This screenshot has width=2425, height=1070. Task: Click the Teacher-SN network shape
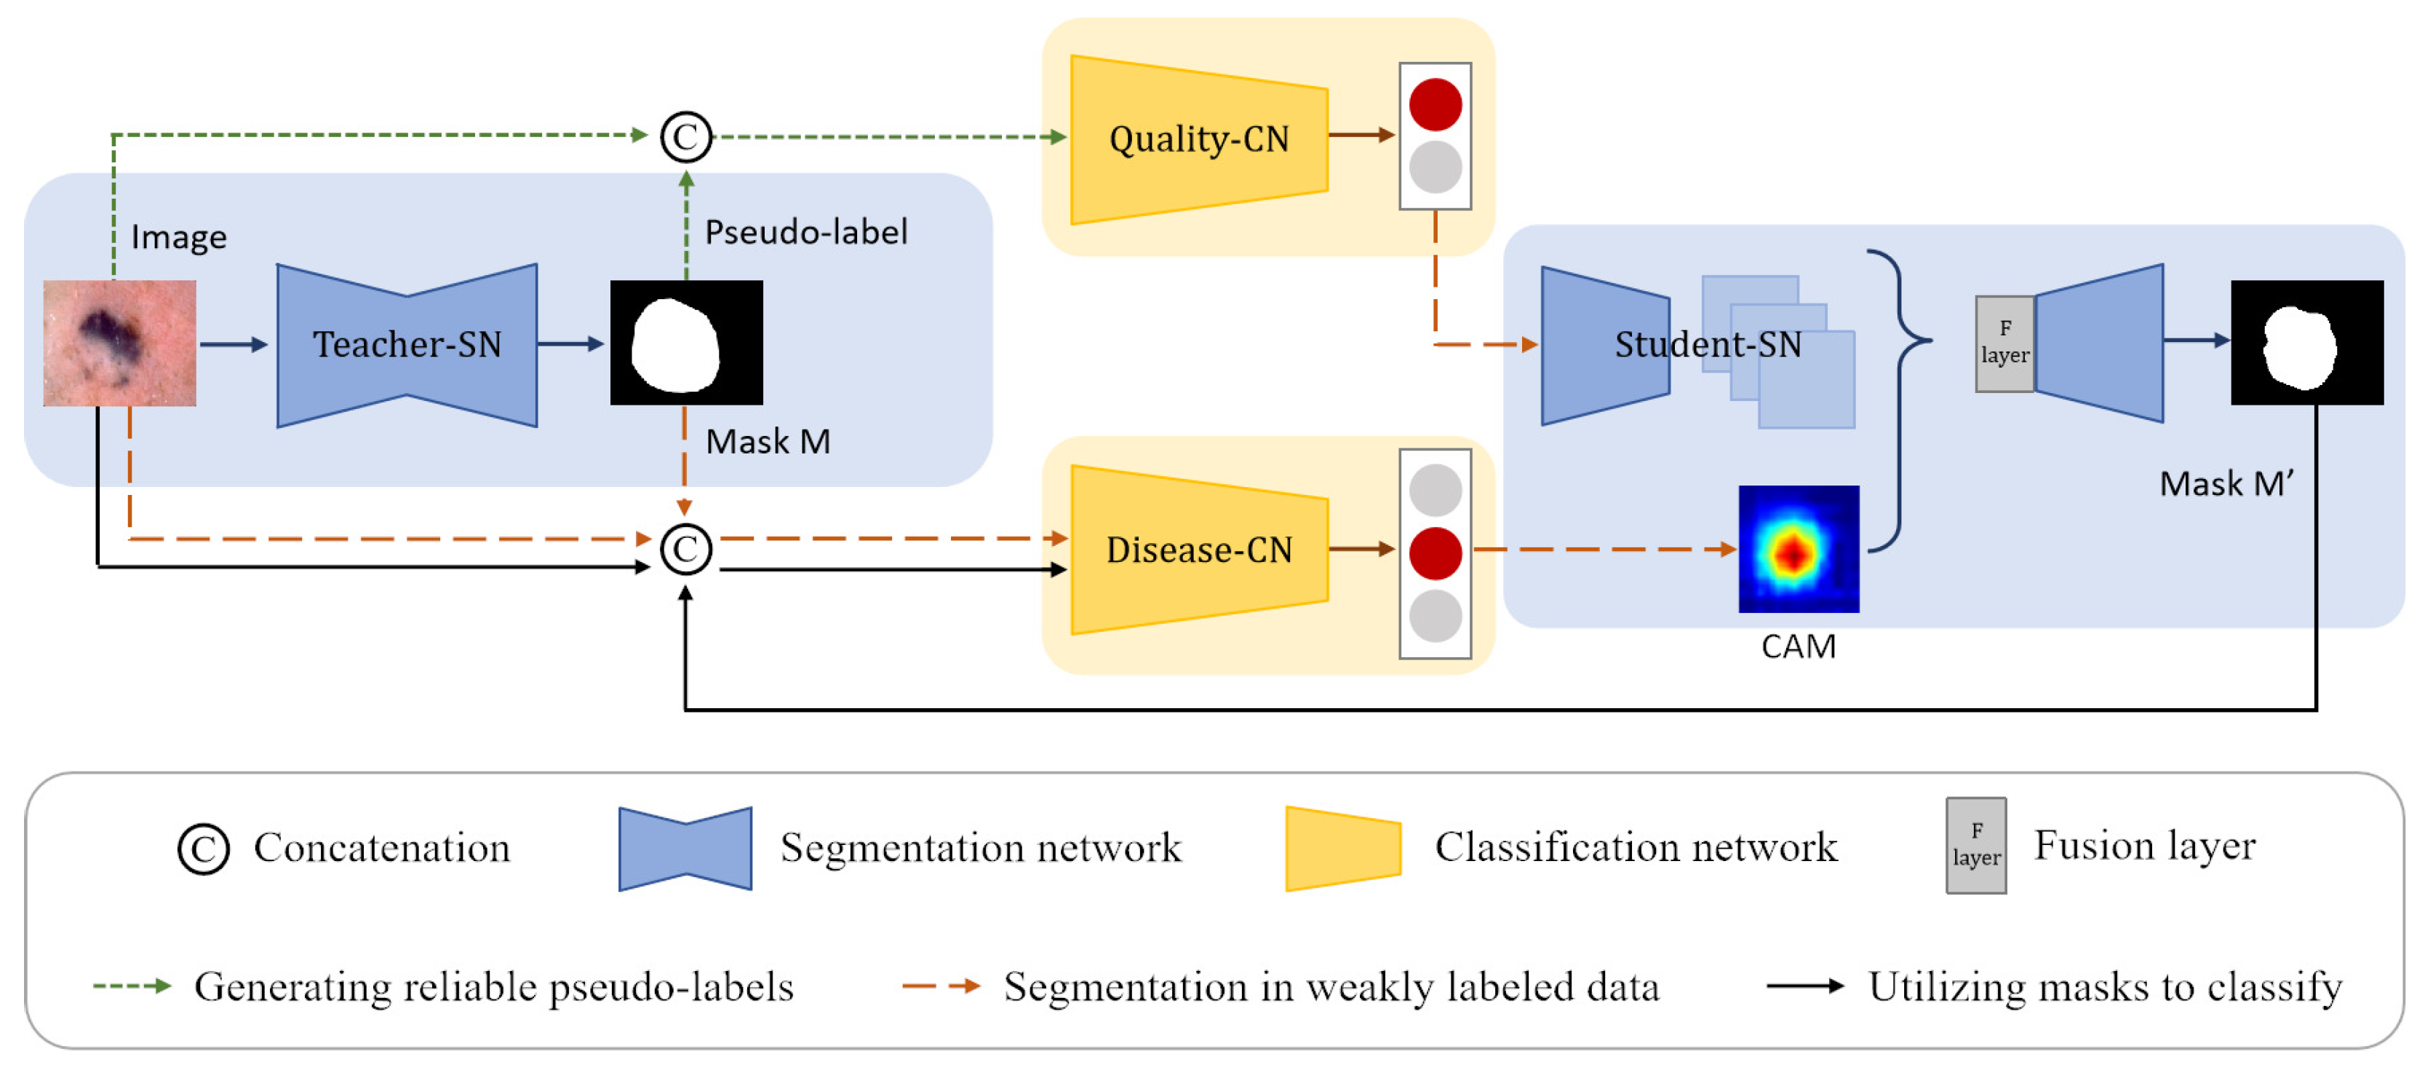407,345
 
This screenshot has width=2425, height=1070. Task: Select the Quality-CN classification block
1198,140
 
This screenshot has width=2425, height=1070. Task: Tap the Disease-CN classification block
1198,550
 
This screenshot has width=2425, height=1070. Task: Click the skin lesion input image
119,343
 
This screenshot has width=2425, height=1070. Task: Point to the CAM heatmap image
1798,549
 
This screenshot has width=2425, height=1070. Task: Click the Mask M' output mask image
2306,343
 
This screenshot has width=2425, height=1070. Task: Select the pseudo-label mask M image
686,343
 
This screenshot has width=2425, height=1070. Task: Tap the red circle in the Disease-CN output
1435,553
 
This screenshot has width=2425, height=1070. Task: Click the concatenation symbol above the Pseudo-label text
685,137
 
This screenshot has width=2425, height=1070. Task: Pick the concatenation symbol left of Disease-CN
685,549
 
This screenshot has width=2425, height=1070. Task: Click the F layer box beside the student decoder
2004,344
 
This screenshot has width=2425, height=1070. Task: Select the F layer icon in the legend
1976,845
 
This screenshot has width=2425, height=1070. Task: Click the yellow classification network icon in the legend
1343,848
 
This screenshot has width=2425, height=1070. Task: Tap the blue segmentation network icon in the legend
685,848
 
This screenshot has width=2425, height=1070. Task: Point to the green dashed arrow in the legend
132,986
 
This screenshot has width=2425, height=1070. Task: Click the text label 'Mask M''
2226,484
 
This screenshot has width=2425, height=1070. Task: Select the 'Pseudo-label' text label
806,231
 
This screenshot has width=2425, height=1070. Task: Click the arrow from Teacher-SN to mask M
571,344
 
